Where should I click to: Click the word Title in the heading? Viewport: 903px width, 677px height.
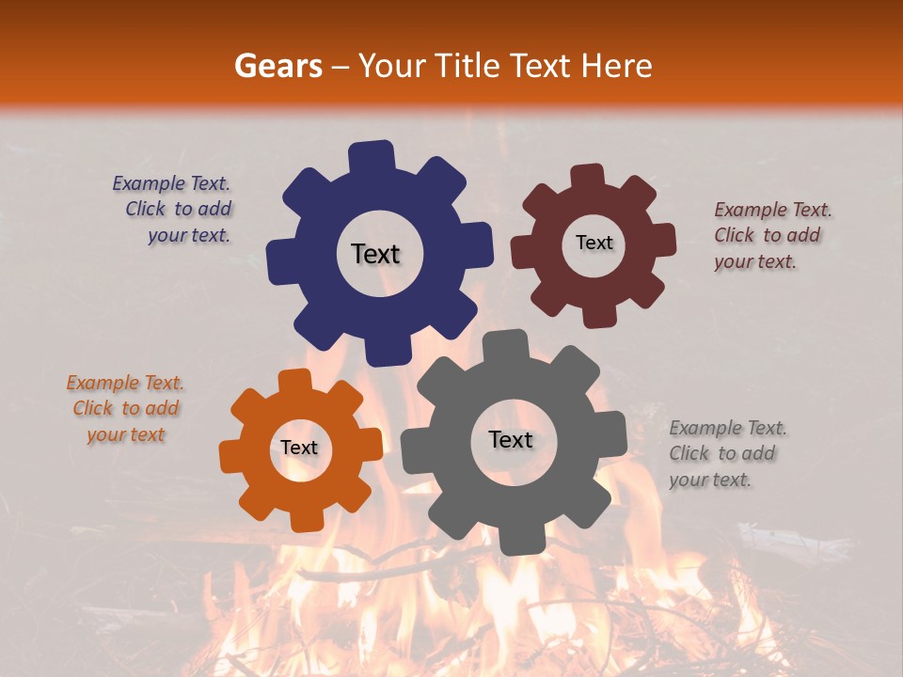471,66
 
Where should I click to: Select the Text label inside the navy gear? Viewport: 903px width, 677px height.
375,254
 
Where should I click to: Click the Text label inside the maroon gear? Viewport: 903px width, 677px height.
594,243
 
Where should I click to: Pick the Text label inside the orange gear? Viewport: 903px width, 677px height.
299,448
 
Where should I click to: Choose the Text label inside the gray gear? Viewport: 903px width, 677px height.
511,439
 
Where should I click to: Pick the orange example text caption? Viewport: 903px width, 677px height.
126,408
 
